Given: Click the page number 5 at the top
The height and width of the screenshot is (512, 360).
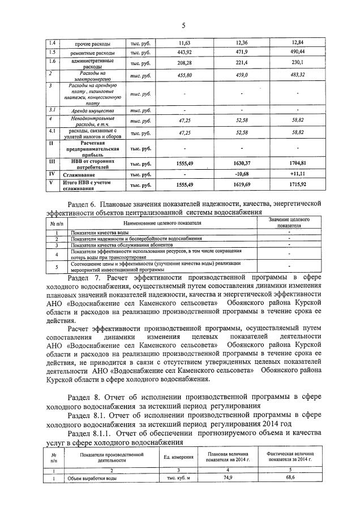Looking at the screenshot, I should click(x=183, y=25).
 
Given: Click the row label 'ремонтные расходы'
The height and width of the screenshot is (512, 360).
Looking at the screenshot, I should click(x=92, y=53).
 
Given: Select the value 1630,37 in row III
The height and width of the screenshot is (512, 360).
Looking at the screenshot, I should click(x=242, y=162).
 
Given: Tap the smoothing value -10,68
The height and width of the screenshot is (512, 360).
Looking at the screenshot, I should click(x=242, y=174).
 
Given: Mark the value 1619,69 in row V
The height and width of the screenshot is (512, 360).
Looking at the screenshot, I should click(x=242, y=185).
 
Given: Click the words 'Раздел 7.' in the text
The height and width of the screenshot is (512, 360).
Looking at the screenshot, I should click(x=84, y=277).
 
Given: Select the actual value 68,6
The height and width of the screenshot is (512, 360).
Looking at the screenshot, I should click(x=291, y=479).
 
